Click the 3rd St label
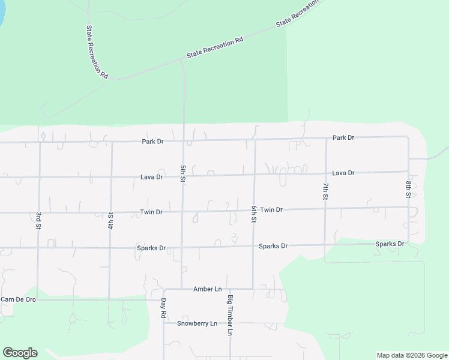click(x=38, y=220)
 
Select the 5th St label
click(x=182, y=174)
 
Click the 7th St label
click(x=325, y=191)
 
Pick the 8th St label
click(x=408, y=189)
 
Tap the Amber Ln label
click(x=203, y=289)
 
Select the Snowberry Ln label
click(x=197, y=323)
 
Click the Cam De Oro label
click(x=19, y=299)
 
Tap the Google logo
click(x=20, y=353)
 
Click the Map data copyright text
click(x=412, y=355)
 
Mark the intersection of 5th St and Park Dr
click(x=183, y=142)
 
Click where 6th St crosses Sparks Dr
click(x=253, y=246)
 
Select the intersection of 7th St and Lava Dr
click(x=325, y=173)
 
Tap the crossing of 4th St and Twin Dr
click(x=111, y=212)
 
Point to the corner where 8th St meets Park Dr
click(x=408, y=137)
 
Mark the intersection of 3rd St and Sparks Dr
click(x=38, y=247)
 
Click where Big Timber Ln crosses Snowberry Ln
click(x=230, y=323)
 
